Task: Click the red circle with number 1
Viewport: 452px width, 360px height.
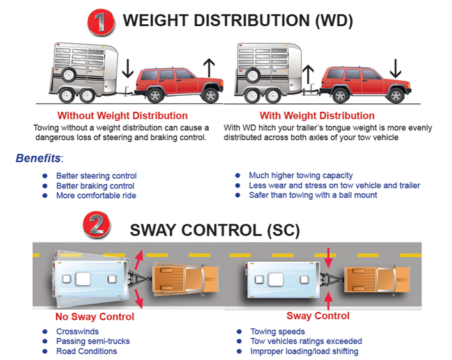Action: tap(100, 22)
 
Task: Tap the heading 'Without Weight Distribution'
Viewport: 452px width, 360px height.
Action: tap(123, 116)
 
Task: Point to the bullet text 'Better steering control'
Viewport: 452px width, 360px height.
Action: tap(96, 176)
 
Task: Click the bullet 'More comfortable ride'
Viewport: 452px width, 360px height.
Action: tap(96, 195)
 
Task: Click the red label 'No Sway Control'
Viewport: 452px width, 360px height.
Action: tap(94, 317)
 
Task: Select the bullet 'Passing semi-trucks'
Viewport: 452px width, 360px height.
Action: tap(93, 341)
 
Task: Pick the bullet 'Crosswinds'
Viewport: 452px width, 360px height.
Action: tap(77, 331)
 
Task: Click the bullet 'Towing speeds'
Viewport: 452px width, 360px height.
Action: tap(278, 331)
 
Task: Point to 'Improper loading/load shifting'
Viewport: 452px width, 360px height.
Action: tap(303, 350)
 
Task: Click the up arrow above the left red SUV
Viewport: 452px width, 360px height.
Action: tap(207, 67)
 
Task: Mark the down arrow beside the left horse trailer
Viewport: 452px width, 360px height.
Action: tap(127, 66)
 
